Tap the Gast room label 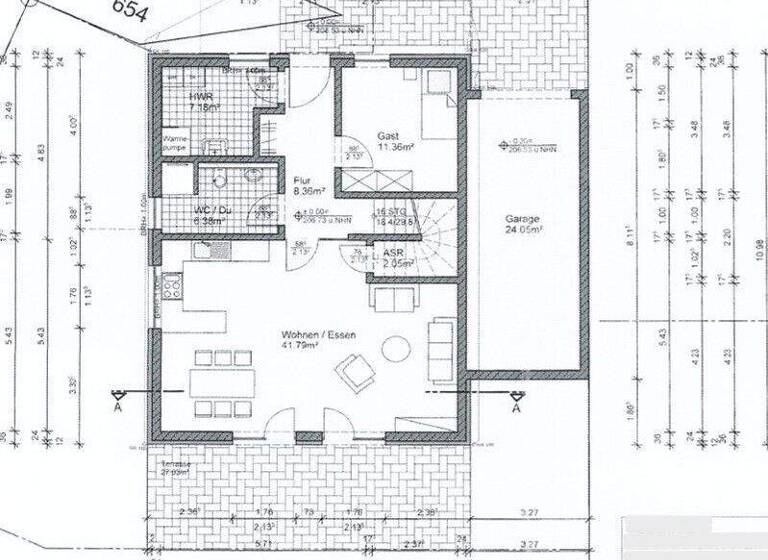click(x=388, y=135)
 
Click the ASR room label click(x=392, y=253)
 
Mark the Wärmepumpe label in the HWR click(x=177, y=143)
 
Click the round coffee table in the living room click(x=397, y=348)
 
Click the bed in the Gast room click(x=435, y=105)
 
